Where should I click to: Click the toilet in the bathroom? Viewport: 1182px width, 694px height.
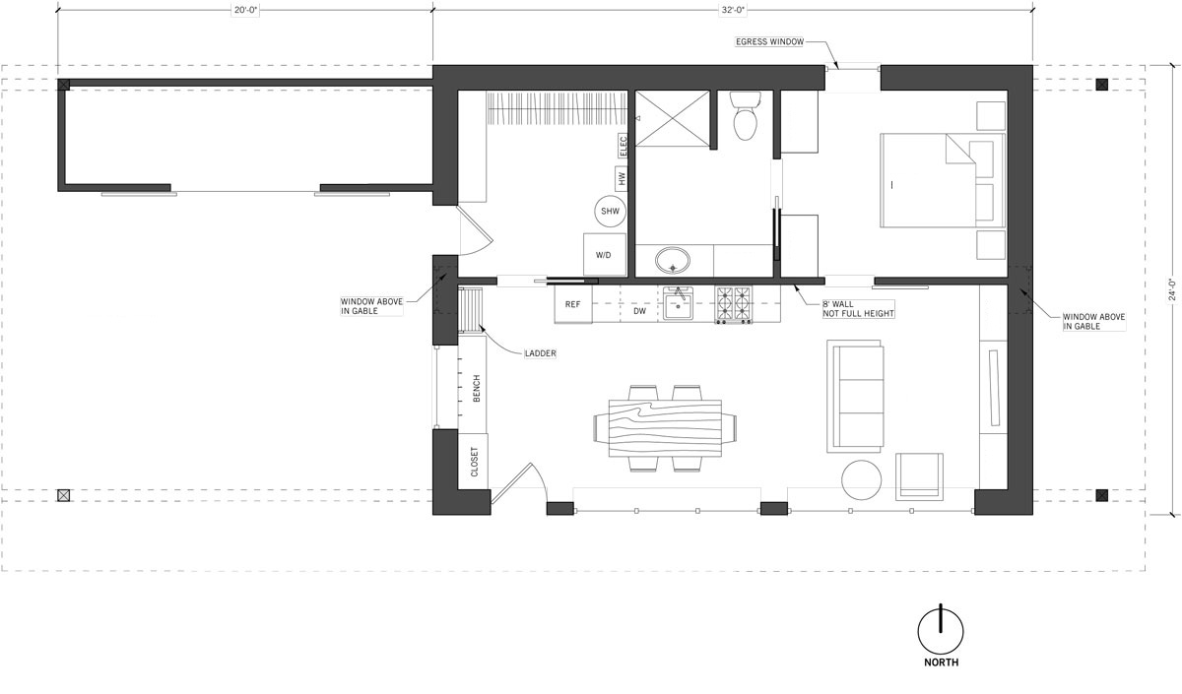point(745,116)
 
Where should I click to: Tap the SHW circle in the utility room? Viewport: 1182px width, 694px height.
point(610,212)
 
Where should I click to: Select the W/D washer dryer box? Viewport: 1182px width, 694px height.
point(604,255)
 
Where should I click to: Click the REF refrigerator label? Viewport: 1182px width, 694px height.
point(572,305)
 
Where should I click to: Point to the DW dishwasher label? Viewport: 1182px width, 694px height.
point(639,311)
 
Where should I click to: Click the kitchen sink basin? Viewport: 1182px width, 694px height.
point(679,306)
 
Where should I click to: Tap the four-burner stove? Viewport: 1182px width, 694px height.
point(734,305)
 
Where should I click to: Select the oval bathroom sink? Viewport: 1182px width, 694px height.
point(672,261)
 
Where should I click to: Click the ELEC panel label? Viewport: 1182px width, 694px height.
point(624,146)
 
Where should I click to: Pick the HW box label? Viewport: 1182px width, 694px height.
point(622,179)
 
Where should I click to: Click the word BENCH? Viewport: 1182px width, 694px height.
point(477,389)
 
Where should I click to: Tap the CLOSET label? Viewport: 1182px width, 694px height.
point(474,462)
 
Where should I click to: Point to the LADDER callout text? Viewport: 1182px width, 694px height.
point(541,353)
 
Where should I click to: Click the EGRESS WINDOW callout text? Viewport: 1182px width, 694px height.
point(769,41)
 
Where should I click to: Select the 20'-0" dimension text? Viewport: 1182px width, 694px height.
point(246,10)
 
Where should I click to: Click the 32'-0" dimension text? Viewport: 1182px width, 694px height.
point(734,10)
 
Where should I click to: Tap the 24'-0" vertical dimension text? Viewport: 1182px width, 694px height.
point(1172,290)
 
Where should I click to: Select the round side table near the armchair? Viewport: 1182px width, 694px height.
point(861,480)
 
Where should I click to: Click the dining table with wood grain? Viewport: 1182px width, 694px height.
point(665,427)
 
